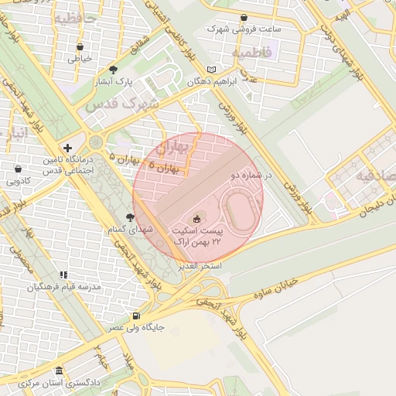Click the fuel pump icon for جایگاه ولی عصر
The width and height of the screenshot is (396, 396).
(x=136, y=316)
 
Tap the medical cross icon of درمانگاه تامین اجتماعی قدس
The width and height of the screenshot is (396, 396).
(x=69, y=148)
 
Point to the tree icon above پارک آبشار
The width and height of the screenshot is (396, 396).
(x=114, y=70)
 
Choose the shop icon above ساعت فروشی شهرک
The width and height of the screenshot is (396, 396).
(x=244, y=17)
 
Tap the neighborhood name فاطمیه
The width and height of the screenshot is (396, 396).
(x=249, y=53)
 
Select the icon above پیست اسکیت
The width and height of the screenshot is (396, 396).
(x=196, y=220)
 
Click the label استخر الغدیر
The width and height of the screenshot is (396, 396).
(x=200, y=265)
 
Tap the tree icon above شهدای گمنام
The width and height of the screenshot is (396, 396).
(x=129, y=218)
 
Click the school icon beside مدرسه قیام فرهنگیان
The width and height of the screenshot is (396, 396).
(x=63, y=275)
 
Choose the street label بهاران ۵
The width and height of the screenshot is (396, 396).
(x=125, y=159)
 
